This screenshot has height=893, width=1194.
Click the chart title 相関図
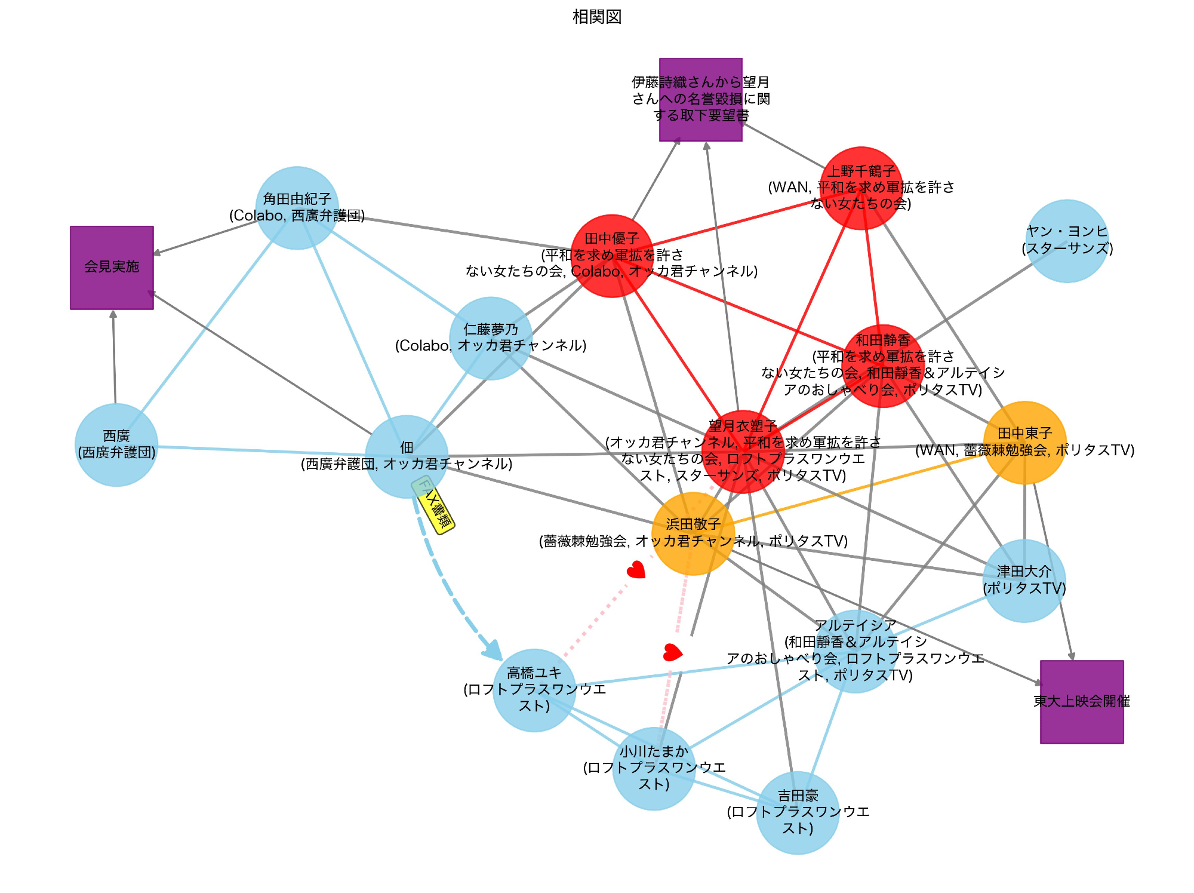(597, 17)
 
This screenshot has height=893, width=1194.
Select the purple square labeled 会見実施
(112, 268)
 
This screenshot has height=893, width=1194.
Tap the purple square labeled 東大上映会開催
(1081, 702)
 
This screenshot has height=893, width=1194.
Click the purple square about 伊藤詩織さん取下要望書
(700, 100)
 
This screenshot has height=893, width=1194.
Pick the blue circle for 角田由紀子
(297, 208)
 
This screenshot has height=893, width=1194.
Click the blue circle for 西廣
(116, 445)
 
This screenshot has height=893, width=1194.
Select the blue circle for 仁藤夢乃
(491, 338)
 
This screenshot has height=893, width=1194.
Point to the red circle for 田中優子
(612, 256)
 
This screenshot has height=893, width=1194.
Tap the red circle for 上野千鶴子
(861, 188)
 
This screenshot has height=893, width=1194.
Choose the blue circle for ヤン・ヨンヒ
(1067, 241)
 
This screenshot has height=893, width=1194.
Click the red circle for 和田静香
(882, 366)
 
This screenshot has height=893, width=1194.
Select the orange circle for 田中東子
(1024, 443)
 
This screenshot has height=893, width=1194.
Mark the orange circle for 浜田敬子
(693, 533)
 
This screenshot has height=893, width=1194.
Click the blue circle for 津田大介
(1024, 581)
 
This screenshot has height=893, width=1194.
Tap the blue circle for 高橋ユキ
(534, 690)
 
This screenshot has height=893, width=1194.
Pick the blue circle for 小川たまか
(654, 768)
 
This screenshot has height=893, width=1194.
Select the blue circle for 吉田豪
(798, 812)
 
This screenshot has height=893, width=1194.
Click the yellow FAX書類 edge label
(434, 505)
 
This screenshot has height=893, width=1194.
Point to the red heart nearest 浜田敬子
(636, 570)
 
